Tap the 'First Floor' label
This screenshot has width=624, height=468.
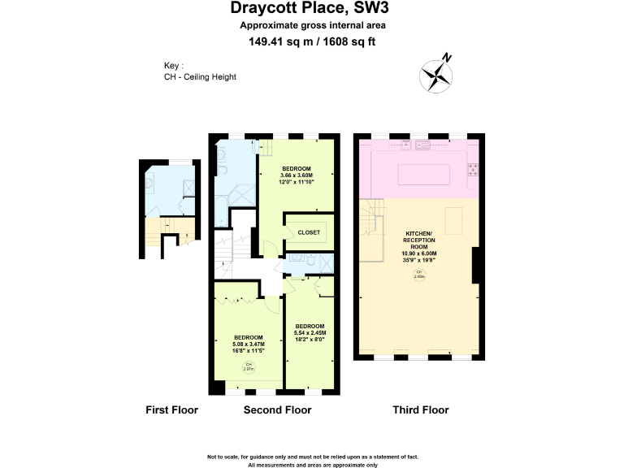[171, 409]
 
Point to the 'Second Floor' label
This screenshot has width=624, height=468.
[277, 409]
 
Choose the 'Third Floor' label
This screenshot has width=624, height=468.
[420, 409]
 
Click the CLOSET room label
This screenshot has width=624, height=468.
[309, 232]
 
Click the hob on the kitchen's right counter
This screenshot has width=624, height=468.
[472, 170]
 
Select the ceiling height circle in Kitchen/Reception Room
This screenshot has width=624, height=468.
[420, 275]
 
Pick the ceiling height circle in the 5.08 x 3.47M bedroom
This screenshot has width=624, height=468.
[249, 366]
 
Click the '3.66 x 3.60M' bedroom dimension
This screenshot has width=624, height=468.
[296, 175]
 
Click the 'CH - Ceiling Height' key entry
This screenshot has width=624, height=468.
[199, 77]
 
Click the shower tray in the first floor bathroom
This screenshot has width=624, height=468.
[188, 186]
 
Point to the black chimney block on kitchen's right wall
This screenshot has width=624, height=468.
[479, 266]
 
